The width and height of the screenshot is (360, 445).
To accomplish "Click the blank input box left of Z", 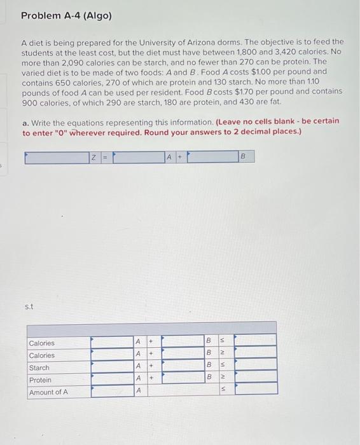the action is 57,157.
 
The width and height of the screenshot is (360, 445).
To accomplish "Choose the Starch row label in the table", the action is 39,367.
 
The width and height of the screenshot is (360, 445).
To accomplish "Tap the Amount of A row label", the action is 48,392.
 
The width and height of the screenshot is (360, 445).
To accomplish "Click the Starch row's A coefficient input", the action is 111,367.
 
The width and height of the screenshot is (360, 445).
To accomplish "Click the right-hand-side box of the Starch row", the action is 256,367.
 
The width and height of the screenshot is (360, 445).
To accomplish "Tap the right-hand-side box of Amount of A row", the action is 256,392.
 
